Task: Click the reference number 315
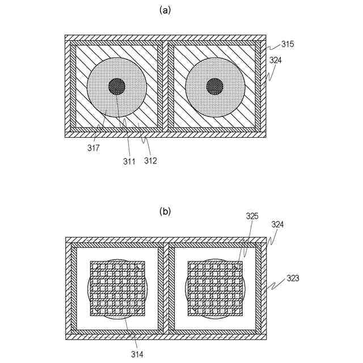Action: click(288, 44)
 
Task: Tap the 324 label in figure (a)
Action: click(276, 60)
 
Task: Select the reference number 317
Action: click(94, 148)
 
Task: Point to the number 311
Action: click(129, 161)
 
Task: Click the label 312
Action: click(150, 161)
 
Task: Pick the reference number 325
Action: click(252, 216)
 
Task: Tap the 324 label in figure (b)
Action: click(277, 225)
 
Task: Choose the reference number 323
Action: click(293, 278)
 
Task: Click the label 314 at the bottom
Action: click(137, 354)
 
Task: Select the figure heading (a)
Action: click(165, 10)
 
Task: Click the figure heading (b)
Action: click(165, 212)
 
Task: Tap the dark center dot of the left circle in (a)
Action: click(117, 87)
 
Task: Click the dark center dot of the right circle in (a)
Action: click(215, 87)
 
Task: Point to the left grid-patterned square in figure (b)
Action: click(117, 289)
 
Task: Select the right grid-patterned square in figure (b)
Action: click(216, 289)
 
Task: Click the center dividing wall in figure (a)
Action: click(165, 86)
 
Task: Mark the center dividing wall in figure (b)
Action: click(166, 288)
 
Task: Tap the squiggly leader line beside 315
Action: click(272, 47)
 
